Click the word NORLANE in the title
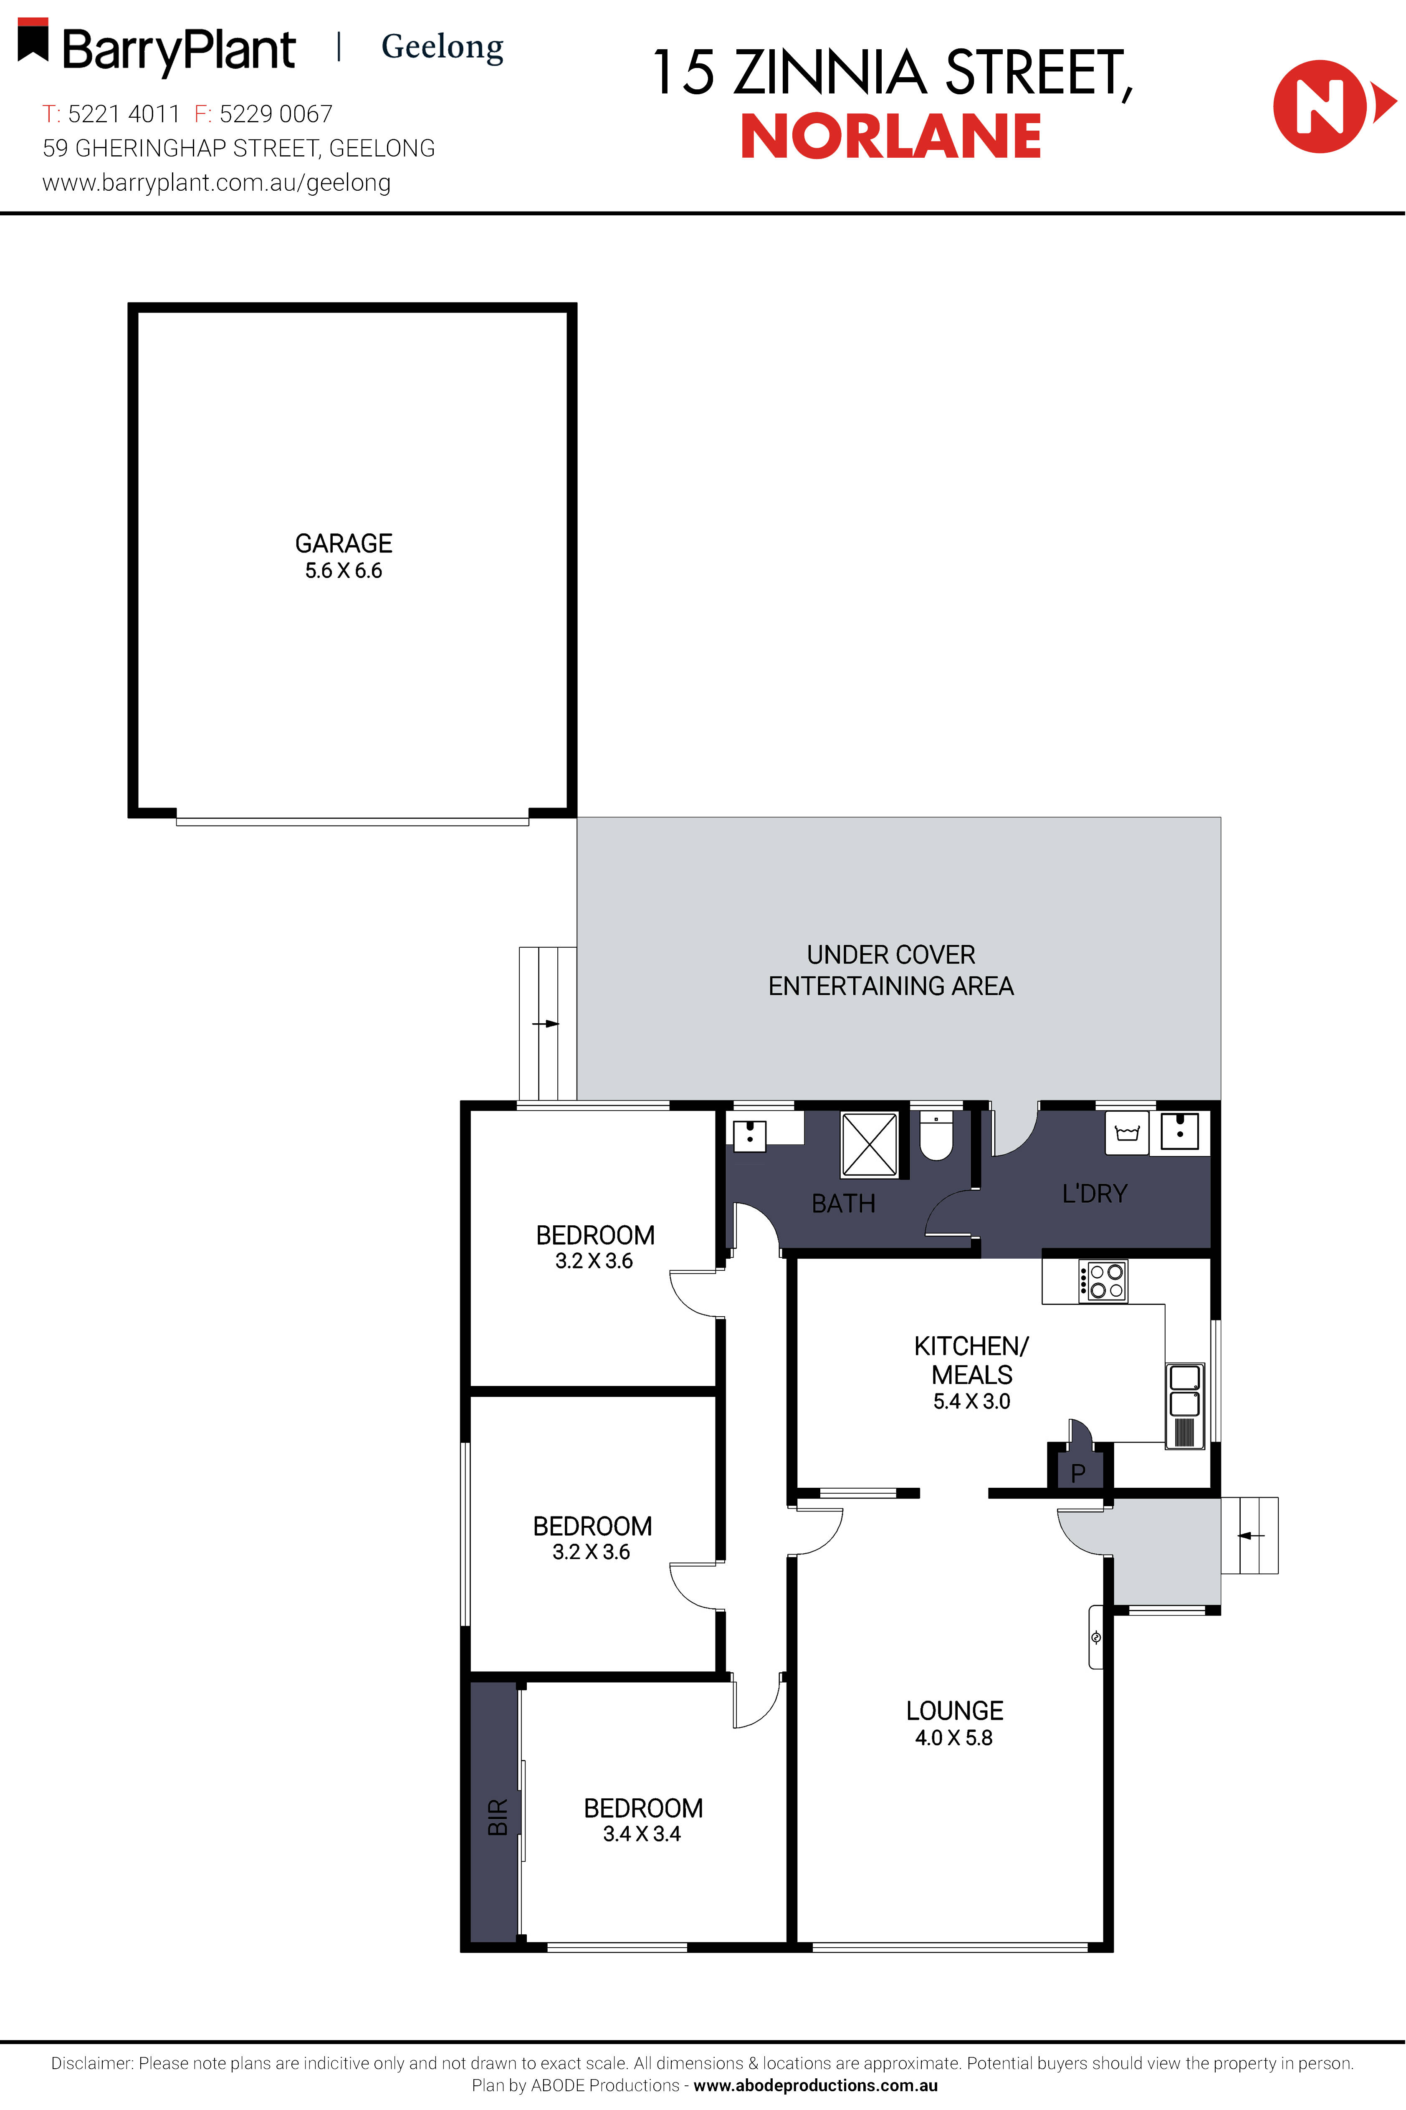890,137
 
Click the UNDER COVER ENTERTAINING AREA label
890,970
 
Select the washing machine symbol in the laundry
1126,1133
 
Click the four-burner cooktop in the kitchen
1103,1281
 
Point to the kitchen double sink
1184,1390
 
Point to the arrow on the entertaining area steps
546,1024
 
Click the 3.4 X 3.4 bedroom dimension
642,1834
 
